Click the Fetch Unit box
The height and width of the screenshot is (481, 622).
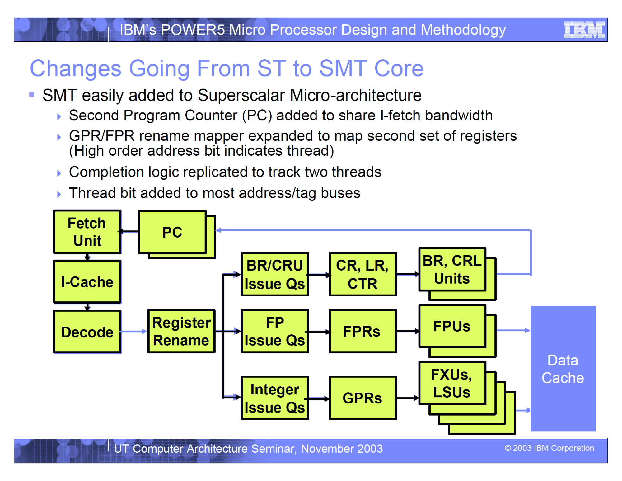pos(87,232)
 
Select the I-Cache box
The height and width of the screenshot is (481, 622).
pos(87,282)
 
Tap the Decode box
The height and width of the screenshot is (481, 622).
pos(87,332)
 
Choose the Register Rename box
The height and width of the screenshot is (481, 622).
pos(181,331)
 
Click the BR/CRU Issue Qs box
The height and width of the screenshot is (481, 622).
pos(275,274)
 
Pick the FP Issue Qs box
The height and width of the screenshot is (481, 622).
pos(275,331)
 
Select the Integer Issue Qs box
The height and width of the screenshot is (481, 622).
pos(275,398)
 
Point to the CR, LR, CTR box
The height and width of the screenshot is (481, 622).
pos(362,274)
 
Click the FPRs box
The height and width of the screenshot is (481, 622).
pos(362,331)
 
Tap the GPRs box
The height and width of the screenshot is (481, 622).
pos(362,398)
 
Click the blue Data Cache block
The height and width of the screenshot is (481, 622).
pos(563,369)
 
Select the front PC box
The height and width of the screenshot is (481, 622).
pos(172,232)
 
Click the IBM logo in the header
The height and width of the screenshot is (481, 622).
pos(584,30)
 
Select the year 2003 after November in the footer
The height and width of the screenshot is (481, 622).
pos(370,449)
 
